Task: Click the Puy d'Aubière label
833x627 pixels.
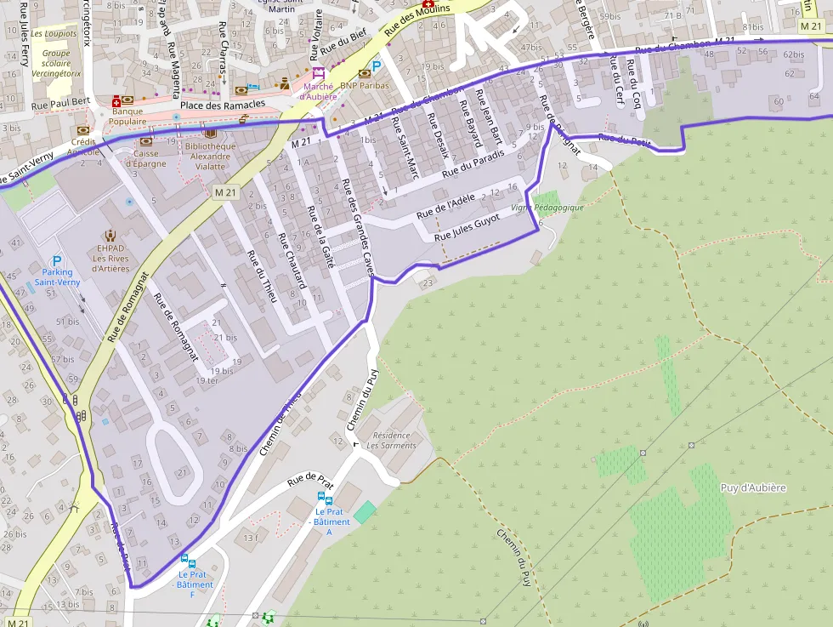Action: coord(753,487)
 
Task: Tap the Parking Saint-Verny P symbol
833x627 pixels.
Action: coord(57,260)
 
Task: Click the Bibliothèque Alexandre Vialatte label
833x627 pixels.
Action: coord(210,157)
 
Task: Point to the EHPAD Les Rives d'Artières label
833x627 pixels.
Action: coord(110,258)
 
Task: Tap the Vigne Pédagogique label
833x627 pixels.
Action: coord(547,208)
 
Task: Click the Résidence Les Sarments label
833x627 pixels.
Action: coord(391,440)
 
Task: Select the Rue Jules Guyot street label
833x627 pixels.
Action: coord(467,226)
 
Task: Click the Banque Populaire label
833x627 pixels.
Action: coord(127,116)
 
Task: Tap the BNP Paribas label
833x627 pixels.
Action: coord(364,85)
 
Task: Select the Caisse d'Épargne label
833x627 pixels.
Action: coord(145,158)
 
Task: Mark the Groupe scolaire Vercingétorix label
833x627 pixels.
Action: coord(56,63)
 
